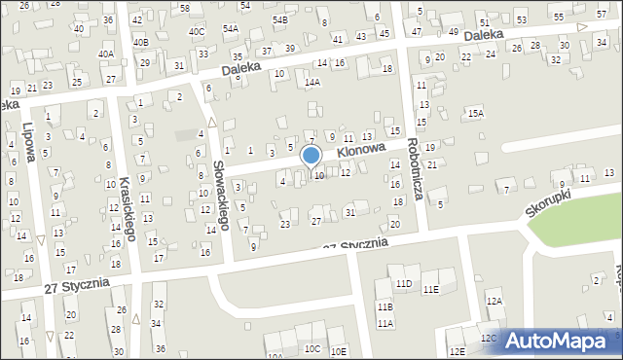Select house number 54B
pyautogui.click(x=280, y=19)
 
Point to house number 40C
pyautogui.click(x=198, y=31)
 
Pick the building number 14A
pyautogui.click(x=311, y=83)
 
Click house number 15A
pyautogui.click(x=475, y=114)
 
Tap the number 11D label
pyautogui.click(x=403, y=283)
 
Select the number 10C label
pyautogui.click(x=311, y=348)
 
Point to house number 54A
pyautogui.click(x=230, y=29)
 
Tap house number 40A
pyautogui.click(x=105, y=54)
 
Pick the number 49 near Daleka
pyautogui.click(x=454, y=32)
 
